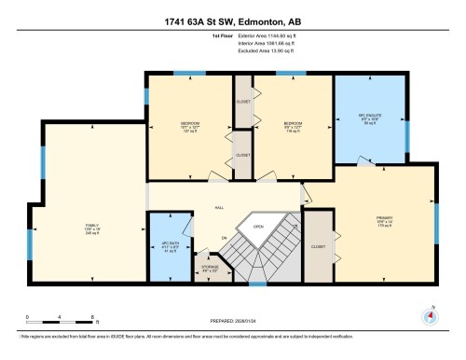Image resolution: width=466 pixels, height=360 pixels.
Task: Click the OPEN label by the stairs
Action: (258, 225)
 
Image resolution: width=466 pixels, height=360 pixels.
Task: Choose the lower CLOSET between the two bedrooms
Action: (242, 155)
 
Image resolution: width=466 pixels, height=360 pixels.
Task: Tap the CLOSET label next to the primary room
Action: (317, 247)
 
